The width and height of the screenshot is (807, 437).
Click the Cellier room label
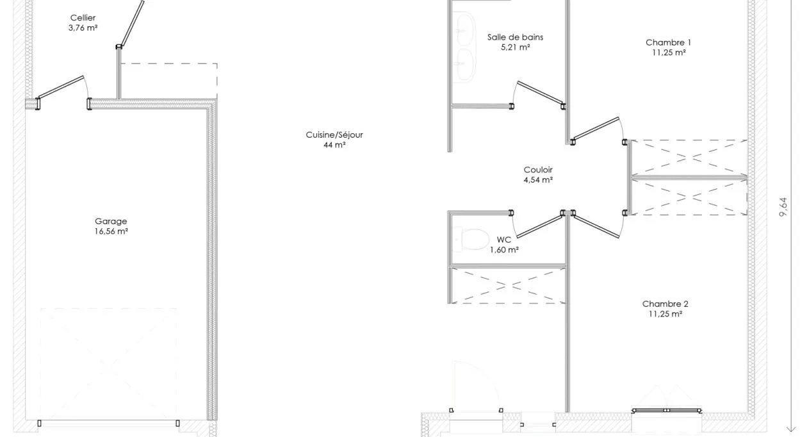tap(83, 18)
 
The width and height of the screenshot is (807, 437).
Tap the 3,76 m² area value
tap(83, 28)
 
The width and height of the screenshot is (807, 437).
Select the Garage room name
tap(111, 222)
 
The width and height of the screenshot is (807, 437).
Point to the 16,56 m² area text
tap(111, 231)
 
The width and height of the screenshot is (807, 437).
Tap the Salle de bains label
tap(515, 37)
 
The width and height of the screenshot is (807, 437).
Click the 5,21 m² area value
tap(515, 47)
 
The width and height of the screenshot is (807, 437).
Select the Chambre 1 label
tap(668, 43)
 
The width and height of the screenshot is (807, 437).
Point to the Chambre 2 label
tap(665, 304)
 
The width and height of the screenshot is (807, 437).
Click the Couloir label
tap(538, 170)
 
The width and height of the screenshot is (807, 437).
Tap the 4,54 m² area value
tap(538, 180)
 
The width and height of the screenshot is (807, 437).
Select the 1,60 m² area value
tap(504, 250)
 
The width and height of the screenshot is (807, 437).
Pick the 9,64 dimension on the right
tap(783, 206)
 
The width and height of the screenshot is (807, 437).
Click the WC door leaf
tap(539, 225)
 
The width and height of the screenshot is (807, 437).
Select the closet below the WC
tap(509, 285)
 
